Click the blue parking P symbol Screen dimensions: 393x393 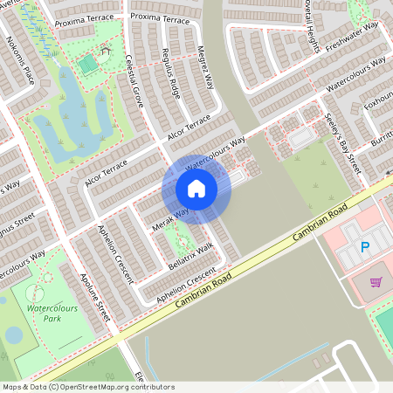[365, 247]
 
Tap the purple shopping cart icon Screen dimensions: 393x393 [376, 282]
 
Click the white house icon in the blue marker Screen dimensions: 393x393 [196, 189]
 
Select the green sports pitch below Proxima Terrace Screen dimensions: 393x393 [86, 65]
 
